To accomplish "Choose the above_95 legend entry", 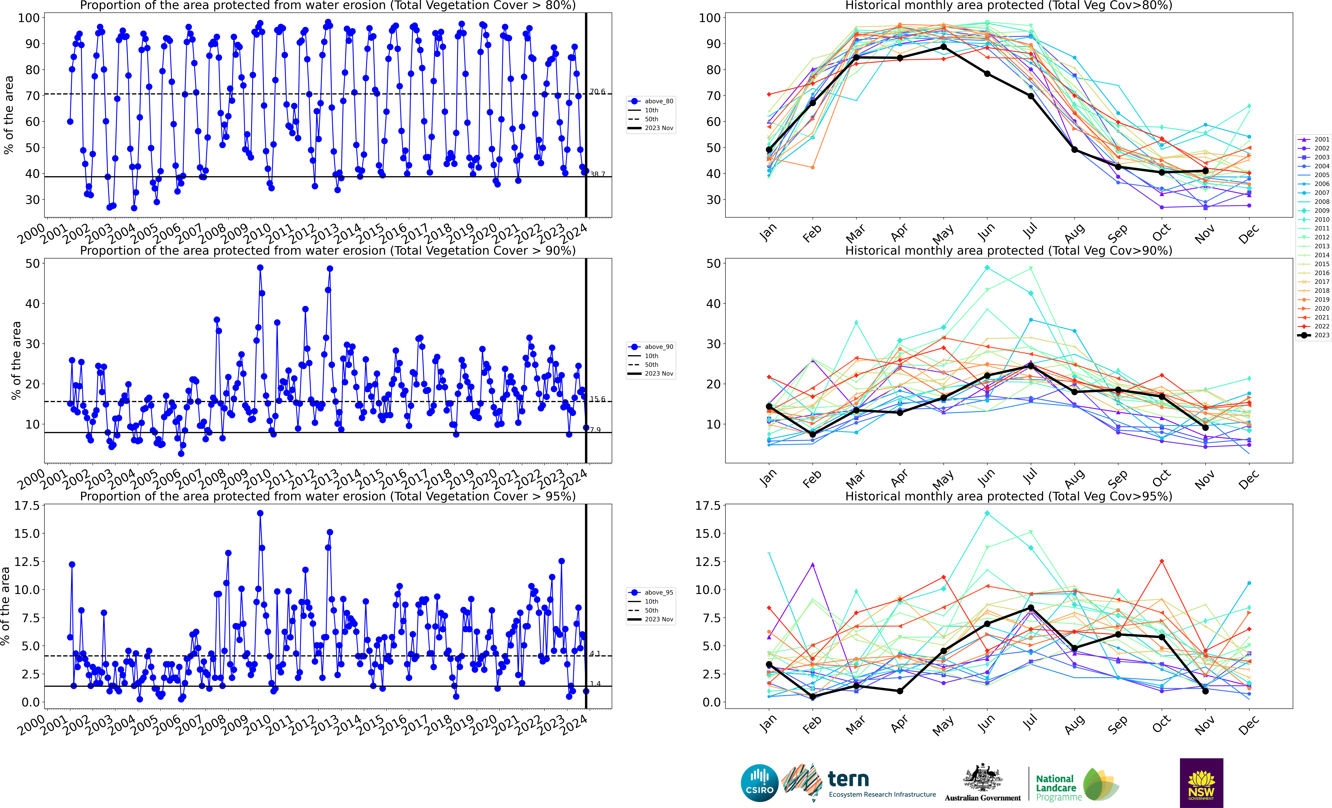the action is tap(651, 592).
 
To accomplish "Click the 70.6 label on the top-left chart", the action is tap(597, 92).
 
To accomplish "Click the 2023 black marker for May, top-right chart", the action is tap(944, 47).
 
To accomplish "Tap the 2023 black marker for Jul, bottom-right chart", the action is tap(1031, 608).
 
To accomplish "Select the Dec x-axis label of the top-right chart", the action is tap(1248, 234).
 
